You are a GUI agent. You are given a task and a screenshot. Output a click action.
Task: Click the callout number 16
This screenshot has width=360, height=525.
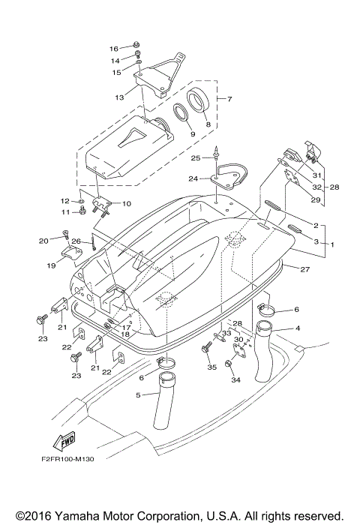[114, 47]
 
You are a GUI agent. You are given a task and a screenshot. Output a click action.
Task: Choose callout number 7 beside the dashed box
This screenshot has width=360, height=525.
[229, 99]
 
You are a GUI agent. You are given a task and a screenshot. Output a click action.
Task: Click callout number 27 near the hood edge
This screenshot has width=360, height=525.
[304, 268]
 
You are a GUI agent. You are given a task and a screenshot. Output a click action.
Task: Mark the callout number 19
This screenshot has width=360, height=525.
[49, 265]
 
